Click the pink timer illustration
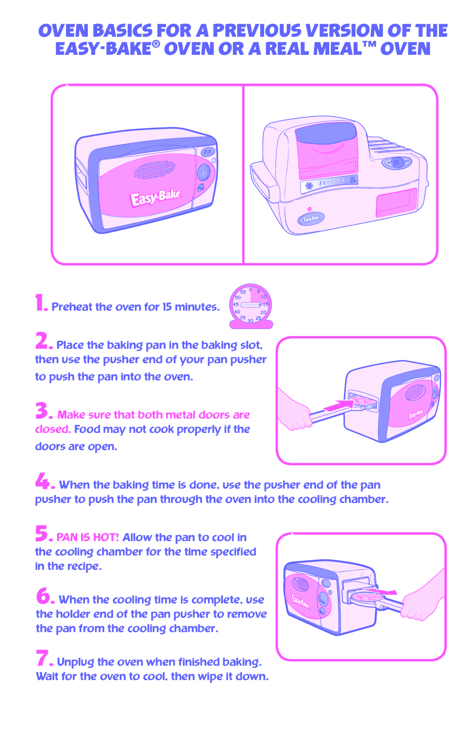pos(251,306)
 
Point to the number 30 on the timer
pos(250,321)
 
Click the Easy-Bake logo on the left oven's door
pos(155,198)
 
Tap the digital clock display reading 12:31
pos(207,152)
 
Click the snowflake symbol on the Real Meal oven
pos(309,186)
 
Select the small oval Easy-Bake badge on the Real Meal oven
pos(311,218)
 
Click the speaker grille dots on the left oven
pos(154,170)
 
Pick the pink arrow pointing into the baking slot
pos(338,406)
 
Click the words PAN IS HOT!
pos(88,537)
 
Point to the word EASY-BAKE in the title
pos(103,49)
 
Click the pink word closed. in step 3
pos(53,429)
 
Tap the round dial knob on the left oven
pos(204,172)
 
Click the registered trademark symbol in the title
pos(156,45)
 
